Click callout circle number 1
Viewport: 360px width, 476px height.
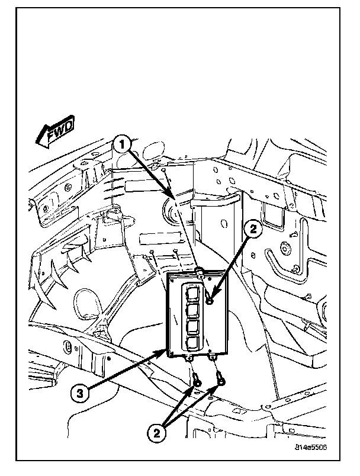pyautogui.click(x=121, y=144)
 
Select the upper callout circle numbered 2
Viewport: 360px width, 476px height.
pyautogui.click(x=253, y=230)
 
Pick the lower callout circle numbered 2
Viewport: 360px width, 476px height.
pyautogui.click(x=156, y=433)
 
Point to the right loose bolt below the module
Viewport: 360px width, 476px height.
pyautogui.click(x=220, y=378)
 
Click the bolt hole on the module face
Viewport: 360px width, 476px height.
pyautogui.click(x=210, y=302)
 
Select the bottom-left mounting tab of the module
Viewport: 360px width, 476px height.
pyautogui.click(x=189, y=358)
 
